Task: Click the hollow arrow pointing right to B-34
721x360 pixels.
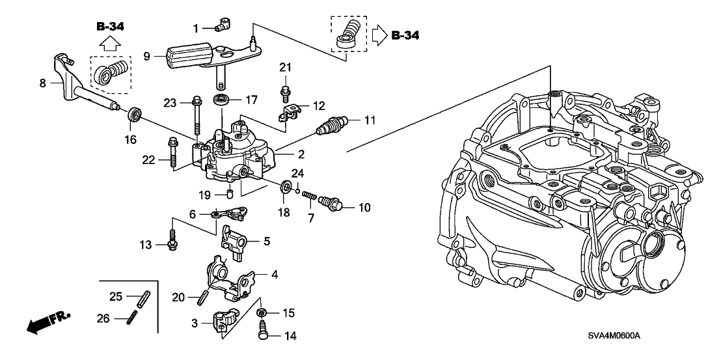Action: coord(379,35)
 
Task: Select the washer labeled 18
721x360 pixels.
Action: coord(285,189)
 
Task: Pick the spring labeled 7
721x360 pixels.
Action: coord(310,197)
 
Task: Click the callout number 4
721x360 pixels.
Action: coord(275,275)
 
